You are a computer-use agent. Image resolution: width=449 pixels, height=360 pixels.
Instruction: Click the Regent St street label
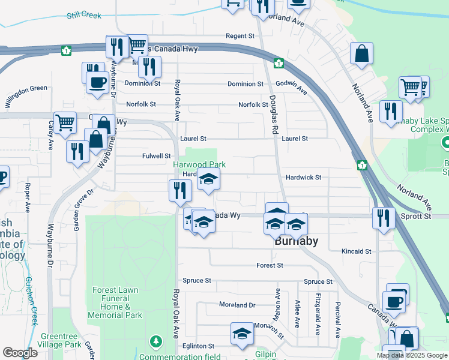(240, 36)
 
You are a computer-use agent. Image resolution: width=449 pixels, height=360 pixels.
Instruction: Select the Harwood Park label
(199, 164)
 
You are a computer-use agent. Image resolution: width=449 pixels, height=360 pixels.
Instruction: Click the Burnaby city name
(295, 242)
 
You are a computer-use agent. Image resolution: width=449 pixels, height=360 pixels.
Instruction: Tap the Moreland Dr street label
(237, 305)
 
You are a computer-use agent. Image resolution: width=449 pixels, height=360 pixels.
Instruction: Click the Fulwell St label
(157, 156)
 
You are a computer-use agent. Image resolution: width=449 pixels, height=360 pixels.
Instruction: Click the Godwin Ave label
(291, 88)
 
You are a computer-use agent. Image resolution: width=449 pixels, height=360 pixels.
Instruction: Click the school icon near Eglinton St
(242, 334)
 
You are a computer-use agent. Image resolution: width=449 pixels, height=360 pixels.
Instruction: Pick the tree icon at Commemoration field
(157, 342)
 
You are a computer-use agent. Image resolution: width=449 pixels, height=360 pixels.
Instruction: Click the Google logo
(20, 353)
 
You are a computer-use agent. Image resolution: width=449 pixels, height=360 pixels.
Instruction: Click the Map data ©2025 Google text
(411, 355)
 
